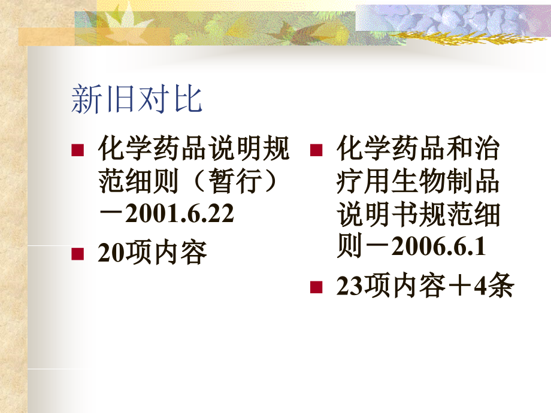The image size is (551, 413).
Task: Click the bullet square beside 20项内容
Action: pyautogui.click(x=77, y=254)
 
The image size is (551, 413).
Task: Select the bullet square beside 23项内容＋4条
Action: pyautogui.click(x=316, y=288)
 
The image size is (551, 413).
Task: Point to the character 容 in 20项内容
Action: pyautogui.click(x=193, y=254)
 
